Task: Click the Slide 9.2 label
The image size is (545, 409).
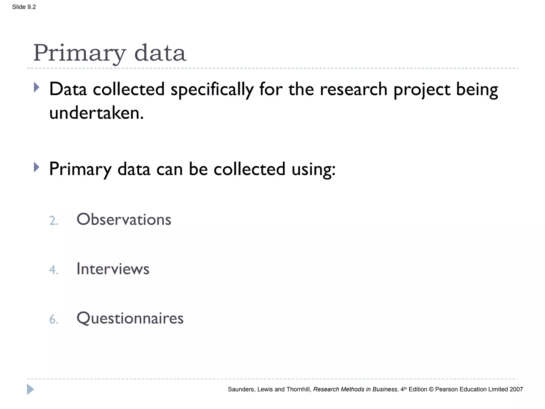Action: click(x=24, y=7)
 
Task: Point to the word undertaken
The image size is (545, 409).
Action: click(x=96, y=113)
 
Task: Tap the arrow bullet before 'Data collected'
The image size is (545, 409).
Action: click(x=37, y=87)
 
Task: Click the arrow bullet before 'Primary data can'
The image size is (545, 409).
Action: click(x=37, y=167)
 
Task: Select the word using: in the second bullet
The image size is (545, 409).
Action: click(x=313, y=169)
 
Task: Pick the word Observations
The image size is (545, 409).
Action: click(x=124, y=219)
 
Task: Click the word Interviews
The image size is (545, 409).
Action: click(x=113, y=269)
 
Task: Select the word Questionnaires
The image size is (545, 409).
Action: click(x=130, y=318)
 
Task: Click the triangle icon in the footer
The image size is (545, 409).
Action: click(x=30, y=389)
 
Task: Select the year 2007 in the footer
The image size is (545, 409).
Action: click(x=516, y=389)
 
